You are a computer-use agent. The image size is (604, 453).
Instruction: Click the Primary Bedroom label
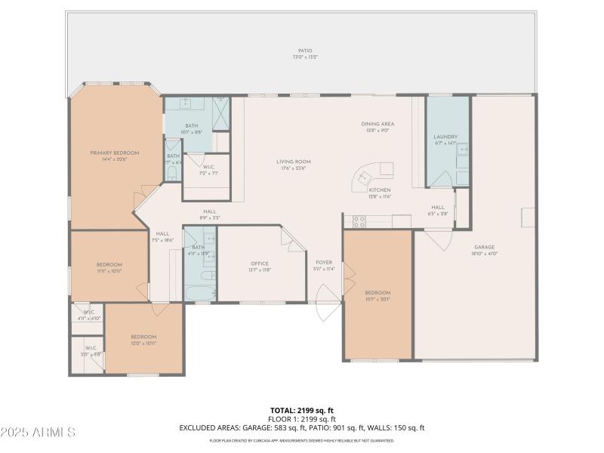click(115, 153)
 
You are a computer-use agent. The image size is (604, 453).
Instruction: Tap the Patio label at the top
click(304, 51)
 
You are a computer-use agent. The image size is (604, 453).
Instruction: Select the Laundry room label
click(446, 137)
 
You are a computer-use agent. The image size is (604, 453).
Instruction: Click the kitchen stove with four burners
click(359, 221)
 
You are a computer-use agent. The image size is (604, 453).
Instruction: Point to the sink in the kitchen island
click(364, 178)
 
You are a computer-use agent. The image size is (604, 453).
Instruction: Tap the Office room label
click(260, 263)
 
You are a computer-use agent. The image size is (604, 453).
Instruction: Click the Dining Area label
click(377, 124)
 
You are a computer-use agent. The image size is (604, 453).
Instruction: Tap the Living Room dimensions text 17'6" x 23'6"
click(293, 168)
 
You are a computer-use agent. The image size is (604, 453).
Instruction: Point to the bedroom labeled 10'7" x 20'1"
click(377, 294)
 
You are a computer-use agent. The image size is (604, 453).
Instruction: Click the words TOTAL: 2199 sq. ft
click(302, 410)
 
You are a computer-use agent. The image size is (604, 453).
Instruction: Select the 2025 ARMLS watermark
click(38, 433)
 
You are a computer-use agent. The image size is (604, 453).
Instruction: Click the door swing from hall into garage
click(438, 240)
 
